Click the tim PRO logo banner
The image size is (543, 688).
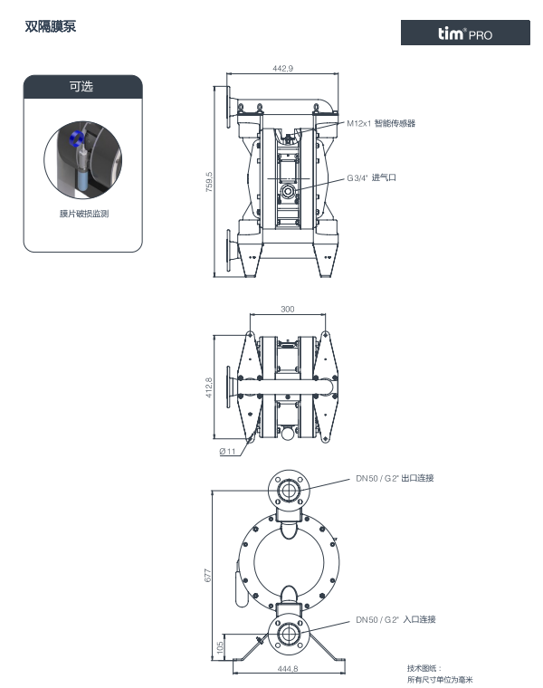click(465, 33)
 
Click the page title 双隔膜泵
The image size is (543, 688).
click(51, 26)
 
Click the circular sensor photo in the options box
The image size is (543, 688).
click(83, 159)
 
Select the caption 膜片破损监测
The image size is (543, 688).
click(84, 214)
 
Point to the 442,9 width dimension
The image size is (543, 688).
click(282, 69)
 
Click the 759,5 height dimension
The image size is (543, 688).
click(209, 182)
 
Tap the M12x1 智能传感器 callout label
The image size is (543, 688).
click(381, 123)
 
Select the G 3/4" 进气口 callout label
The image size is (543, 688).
click(372, 177)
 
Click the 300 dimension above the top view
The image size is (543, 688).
click(287, 309)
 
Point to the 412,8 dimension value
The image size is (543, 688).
click(209, 387)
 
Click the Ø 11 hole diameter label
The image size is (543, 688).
click(228, 451)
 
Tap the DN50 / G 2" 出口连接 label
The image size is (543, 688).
click(395, 478)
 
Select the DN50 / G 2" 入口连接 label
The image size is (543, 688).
click(395, 619)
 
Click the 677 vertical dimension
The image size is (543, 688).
click(208, 576)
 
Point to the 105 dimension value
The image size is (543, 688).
click(220, 647)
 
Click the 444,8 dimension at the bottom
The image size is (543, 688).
click(287, 669)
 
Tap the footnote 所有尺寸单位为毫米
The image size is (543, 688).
click(440, 680)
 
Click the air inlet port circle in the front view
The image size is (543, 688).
click(288, 191)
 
